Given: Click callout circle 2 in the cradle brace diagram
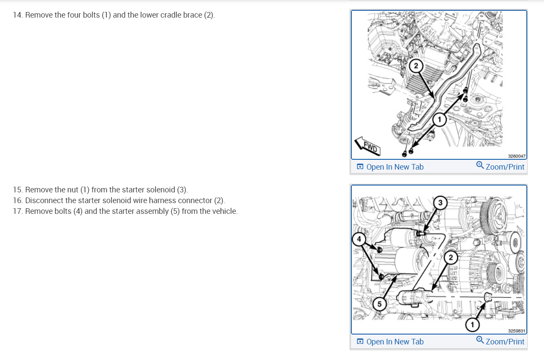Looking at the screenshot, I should coord(416,66).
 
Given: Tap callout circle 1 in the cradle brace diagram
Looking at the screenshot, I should coord(439,119).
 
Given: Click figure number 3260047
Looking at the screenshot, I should coord(517,157).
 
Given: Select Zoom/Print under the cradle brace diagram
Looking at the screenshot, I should coord(505,167).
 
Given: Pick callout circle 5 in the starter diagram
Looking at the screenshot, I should coord(379,304).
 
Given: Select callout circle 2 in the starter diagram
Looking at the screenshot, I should coord(450,258).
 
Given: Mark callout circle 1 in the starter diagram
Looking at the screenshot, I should coord(472,325).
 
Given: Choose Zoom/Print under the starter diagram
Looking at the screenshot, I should coord(505,342).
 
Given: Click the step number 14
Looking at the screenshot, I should coord(18,15).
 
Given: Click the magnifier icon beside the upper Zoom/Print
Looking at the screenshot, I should coord(480,165).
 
